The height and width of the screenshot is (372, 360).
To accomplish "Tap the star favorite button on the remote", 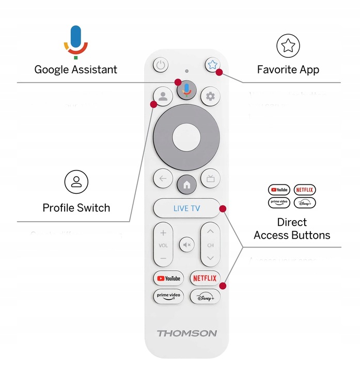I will point(211,65).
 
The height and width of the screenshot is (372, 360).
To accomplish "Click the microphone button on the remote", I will point(186,90).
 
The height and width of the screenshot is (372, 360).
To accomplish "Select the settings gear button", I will point(210,96).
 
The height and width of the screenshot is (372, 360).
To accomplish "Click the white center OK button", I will point(186,138).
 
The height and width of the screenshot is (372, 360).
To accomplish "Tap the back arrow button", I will point(163,179).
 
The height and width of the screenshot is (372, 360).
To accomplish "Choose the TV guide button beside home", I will point(210,179).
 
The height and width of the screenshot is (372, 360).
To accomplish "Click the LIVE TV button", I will point(186,209).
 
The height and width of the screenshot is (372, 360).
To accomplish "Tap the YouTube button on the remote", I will point(168,278).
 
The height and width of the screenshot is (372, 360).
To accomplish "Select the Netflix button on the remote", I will point(205,278).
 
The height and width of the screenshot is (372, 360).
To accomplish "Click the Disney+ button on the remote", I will point(205,297).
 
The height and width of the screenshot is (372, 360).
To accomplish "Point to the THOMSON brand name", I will point(186,333).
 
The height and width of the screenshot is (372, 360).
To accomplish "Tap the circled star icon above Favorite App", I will point(288,46).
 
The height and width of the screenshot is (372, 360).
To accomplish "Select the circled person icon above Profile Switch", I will point(76,182).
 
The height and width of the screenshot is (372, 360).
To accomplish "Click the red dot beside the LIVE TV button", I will point(223,209).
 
